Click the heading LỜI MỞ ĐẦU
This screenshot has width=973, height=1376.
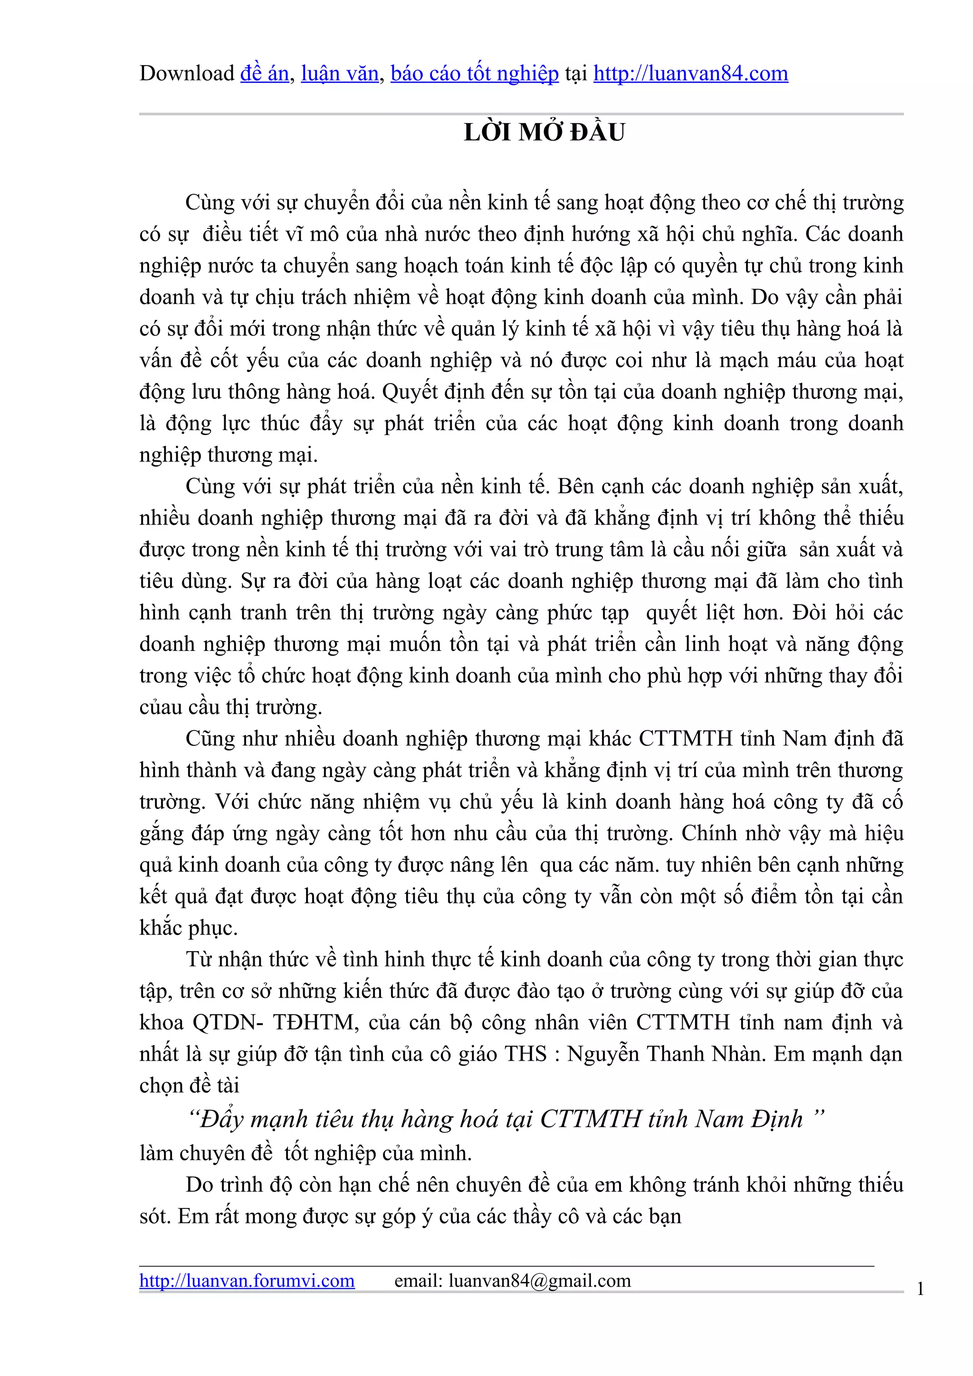click(544, 132)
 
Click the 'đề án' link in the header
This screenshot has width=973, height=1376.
click(264, 73)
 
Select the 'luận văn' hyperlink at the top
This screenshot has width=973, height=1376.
click(339, 73)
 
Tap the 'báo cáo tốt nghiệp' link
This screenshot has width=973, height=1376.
click(474, 73)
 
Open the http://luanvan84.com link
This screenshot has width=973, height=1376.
click(691, 73)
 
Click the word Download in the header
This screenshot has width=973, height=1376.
click(186, 73)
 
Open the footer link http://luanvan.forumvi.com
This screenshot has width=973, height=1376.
click(247, 1281)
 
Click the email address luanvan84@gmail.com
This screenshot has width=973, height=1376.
click(540, 1281)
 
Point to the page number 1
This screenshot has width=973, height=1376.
click(920, 1289)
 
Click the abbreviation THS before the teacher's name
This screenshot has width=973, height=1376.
click(526, 1054)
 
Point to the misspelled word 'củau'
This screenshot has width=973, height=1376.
click(159, 707)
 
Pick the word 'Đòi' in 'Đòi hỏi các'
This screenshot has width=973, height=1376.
click(812, 613)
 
